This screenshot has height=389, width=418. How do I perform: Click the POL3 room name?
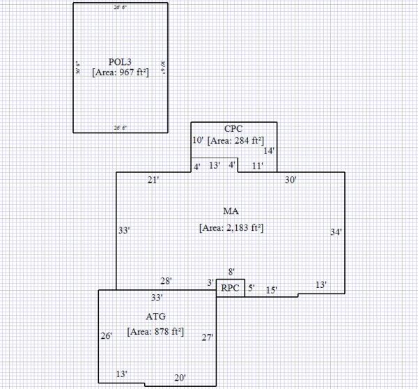(x=121, y=61)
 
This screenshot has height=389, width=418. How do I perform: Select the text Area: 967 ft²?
(x=121, y=71)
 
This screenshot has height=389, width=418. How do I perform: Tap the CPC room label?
(x=233, y=130)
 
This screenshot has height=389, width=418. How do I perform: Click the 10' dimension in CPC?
(x=198, y=141)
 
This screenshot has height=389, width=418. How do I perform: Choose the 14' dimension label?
(x=269, y=151)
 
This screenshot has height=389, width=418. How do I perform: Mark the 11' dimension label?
(x=258, y=166)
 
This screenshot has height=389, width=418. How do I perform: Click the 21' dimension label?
(x=154, y=181)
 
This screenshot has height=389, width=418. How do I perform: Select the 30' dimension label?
(x=291, y=181)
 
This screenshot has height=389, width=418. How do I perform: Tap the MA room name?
(x=231, y=211)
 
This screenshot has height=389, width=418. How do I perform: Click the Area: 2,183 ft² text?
(x=231, y=228)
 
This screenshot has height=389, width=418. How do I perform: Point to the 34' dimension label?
(x=336, y=232)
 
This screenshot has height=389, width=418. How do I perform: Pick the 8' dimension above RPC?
(x=231, y=271)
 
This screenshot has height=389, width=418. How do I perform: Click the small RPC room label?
(x=230, y=288)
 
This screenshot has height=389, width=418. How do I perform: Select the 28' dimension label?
(x=167, y=281)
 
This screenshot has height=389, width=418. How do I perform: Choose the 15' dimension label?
(x=272, y=290)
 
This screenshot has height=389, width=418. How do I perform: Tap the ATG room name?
(x=155, y=317)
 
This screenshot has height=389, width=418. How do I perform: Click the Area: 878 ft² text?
(x=155, y=332)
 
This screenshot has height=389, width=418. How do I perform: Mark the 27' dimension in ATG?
(x=207, y=337)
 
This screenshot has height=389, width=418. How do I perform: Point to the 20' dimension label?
(x=180, y=378)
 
